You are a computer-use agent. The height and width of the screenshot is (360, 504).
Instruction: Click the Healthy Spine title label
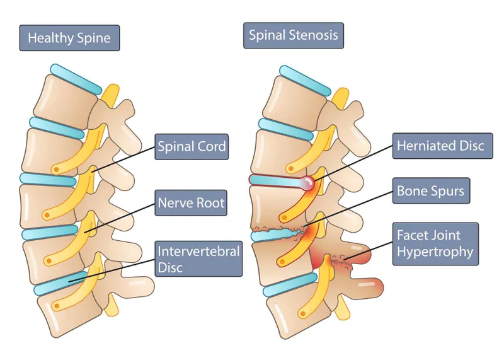pos(69,38)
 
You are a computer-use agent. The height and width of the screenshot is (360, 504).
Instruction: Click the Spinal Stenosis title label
pos(294,35)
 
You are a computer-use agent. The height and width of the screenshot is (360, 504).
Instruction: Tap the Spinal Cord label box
pos(192,148)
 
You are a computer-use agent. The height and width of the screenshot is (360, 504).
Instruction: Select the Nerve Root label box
pos(191,203)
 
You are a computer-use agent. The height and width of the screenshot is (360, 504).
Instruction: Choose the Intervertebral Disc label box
pos(198,259)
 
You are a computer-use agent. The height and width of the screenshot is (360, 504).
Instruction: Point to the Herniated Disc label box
pos(440,146)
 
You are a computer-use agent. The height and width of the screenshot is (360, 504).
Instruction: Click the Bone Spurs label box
pos(430,190)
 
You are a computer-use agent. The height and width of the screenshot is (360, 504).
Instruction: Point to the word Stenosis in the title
pos(314,35)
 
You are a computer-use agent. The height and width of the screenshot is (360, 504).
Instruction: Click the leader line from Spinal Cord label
pos(126,160)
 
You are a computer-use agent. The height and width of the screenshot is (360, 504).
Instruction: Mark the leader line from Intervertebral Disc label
pos(113,266)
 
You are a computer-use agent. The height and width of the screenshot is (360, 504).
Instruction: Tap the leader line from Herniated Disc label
pos(353,164)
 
